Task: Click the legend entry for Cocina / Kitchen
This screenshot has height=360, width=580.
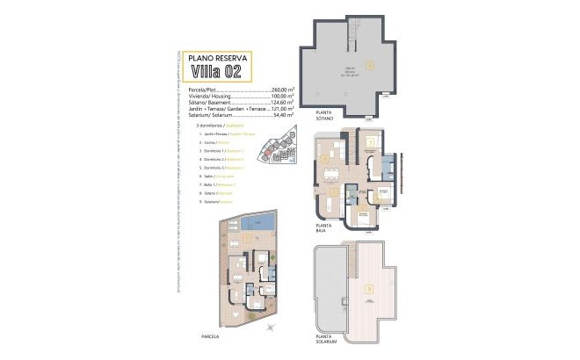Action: coord(219,141)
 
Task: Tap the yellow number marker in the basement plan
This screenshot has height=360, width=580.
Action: coord(370,64)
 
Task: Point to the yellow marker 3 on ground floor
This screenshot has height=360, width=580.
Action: coord(371,141)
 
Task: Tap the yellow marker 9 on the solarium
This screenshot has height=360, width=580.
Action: coord(369,288)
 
